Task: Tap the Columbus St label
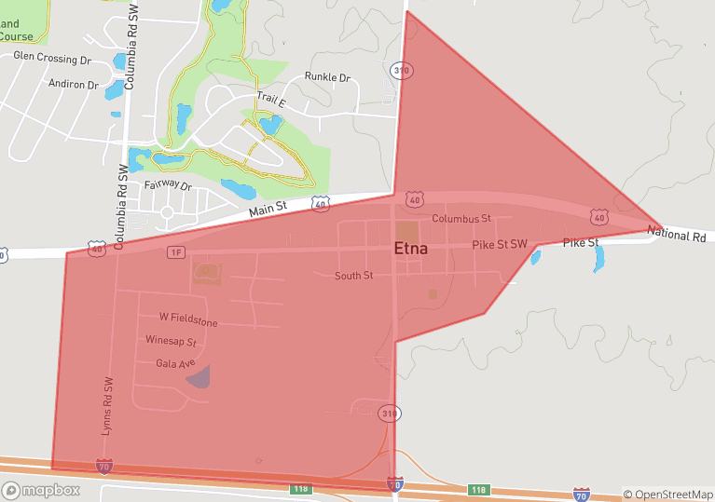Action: tap(461, 219)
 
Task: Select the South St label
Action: tap(354, 276)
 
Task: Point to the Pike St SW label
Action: tap(500, 244)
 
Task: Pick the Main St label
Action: tap(268, 211)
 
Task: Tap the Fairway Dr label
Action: tap(168, 186)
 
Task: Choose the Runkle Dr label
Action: tap(327, 78)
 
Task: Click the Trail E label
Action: tap(271, 99)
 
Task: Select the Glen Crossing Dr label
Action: tap(51, 58)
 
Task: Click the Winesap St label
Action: tap(171, 342)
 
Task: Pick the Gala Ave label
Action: tap(174, 363)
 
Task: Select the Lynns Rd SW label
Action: tap(107, 407)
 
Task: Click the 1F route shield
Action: tap(176, 252)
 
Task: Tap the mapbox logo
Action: tap(41, 490)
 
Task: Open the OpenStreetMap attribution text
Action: tap(667, 495)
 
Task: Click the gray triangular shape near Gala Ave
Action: tap(199, 376)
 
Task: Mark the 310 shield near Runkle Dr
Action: tap(402, 71)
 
